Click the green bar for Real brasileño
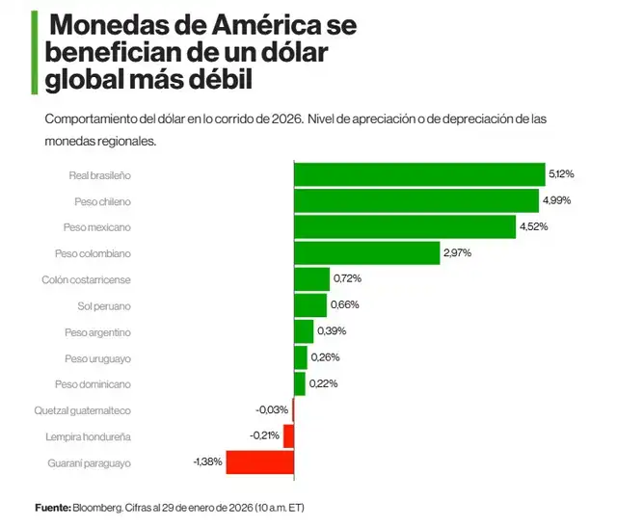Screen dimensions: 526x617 tap(419, 174)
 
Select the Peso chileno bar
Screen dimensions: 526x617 tap(416, 200)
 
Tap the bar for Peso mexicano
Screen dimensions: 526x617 tap(404, 226)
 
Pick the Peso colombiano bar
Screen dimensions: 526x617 tap(366, 252)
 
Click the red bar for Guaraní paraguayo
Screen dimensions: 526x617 tap(259, 462)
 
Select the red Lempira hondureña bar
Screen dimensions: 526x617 tap(288, 436)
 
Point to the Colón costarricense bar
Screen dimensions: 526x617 tap(311, 279)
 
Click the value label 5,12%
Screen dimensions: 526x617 tap(561, 174)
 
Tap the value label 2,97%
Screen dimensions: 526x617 tap(457, 252)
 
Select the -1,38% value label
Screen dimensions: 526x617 tap(208, 462)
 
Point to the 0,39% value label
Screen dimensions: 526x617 tap(332, 331)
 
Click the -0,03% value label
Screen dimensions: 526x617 tap(271, 410)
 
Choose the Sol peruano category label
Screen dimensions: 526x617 tap(103, 305)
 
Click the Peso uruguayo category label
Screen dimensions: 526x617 tap(97, 358)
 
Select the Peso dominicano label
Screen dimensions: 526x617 tap(93, 384)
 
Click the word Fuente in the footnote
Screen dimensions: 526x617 tap(52, 508)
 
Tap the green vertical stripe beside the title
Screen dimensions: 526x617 tap(35, 52)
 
